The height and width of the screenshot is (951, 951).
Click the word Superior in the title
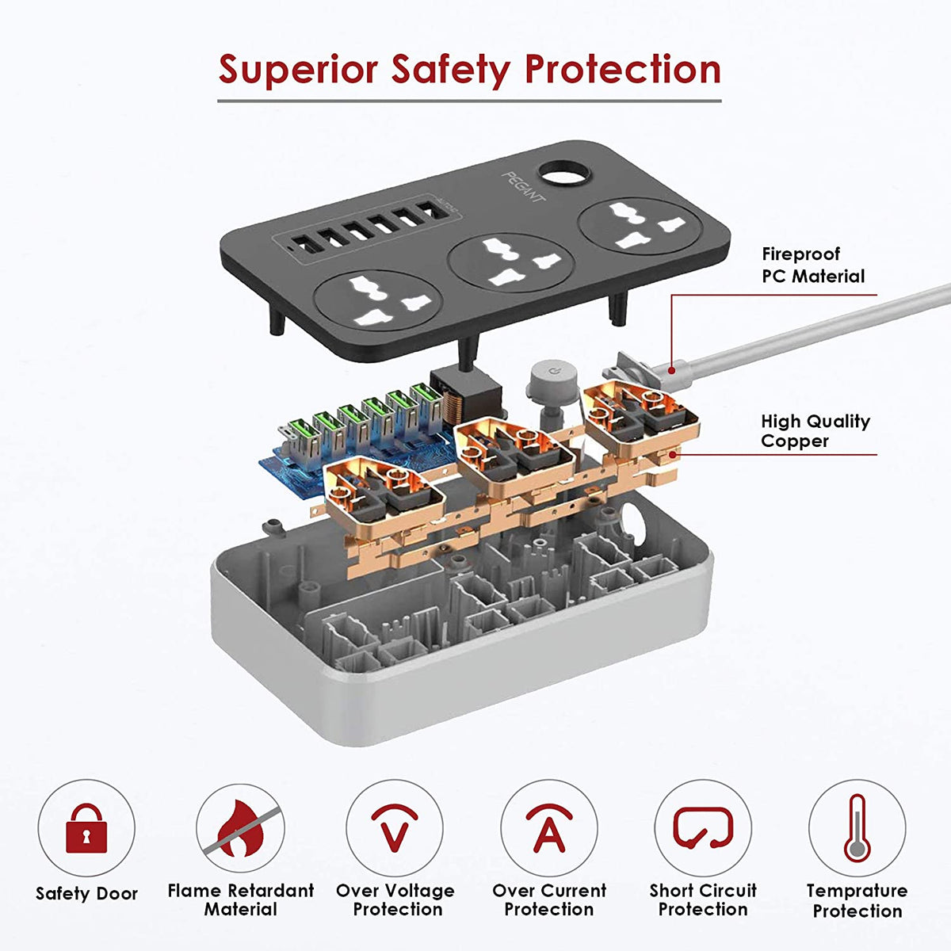click(298, 70)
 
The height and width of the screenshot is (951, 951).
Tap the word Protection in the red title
click(623, 70)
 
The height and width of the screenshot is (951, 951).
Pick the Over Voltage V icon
click(395, 827)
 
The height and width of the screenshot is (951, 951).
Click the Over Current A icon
click(548, 827)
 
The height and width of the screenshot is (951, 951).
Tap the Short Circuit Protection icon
click(703, 827)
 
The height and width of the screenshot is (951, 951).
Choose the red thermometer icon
click(857, 828)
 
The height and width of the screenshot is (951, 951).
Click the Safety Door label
click(87, 893)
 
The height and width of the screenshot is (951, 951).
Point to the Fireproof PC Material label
click(813, 265)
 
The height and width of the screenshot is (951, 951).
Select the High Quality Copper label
click(815, 431)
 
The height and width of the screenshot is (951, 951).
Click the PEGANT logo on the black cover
click(524, 187)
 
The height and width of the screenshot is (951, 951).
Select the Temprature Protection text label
click(857, 900)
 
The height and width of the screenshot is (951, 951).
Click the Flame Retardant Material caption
click(241, 899)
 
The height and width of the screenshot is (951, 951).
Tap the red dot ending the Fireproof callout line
click(671, 370)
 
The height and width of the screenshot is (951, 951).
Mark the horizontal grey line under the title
click(469, 101)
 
